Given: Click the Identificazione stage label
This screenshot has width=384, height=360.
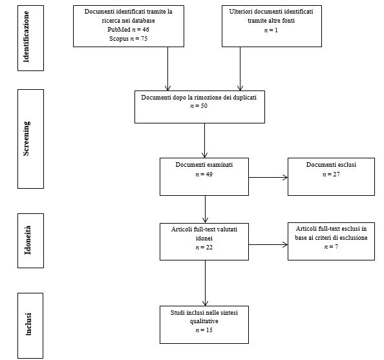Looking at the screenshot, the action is tap(27, 36).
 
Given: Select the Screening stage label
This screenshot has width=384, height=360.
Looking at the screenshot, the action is tap(27, 138).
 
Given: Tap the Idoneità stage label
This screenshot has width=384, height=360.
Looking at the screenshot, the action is tap(28, 240).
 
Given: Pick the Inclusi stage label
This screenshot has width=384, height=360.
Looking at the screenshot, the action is tap(28, 324).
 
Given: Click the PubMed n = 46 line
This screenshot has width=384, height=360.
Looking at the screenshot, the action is tap(129, 30).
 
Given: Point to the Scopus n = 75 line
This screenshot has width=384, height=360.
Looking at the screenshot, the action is tap(129, 39).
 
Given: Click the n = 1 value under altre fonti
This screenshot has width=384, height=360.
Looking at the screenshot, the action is tap(271, 30).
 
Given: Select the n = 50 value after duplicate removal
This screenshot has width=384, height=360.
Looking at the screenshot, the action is tap(198, 106).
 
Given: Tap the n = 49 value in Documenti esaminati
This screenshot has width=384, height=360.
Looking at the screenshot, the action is tap(204, 175).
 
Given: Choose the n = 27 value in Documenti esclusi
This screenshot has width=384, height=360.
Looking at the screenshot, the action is tap(331, 175).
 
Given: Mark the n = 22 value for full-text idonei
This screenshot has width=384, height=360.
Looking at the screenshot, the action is tap(204, 248).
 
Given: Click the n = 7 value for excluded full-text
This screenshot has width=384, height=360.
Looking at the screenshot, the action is tap(331, 247).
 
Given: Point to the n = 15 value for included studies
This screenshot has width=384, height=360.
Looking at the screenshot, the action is tap(204, 330).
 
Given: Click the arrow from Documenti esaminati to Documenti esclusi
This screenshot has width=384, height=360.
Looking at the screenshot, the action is tap(268, 178).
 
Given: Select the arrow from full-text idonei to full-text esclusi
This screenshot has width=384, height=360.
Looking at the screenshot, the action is tap(268, 244).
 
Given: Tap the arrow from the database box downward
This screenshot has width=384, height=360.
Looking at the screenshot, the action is tap(167, 69).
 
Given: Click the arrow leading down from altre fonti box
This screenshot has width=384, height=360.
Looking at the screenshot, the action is tap(240, 69).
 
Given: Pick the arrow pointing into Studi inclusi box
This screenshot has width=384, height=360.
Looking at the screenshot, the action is tap(205, 283).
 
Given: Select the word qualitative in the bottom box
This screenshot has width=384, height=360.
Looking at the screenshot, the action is tap(204, 321).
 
